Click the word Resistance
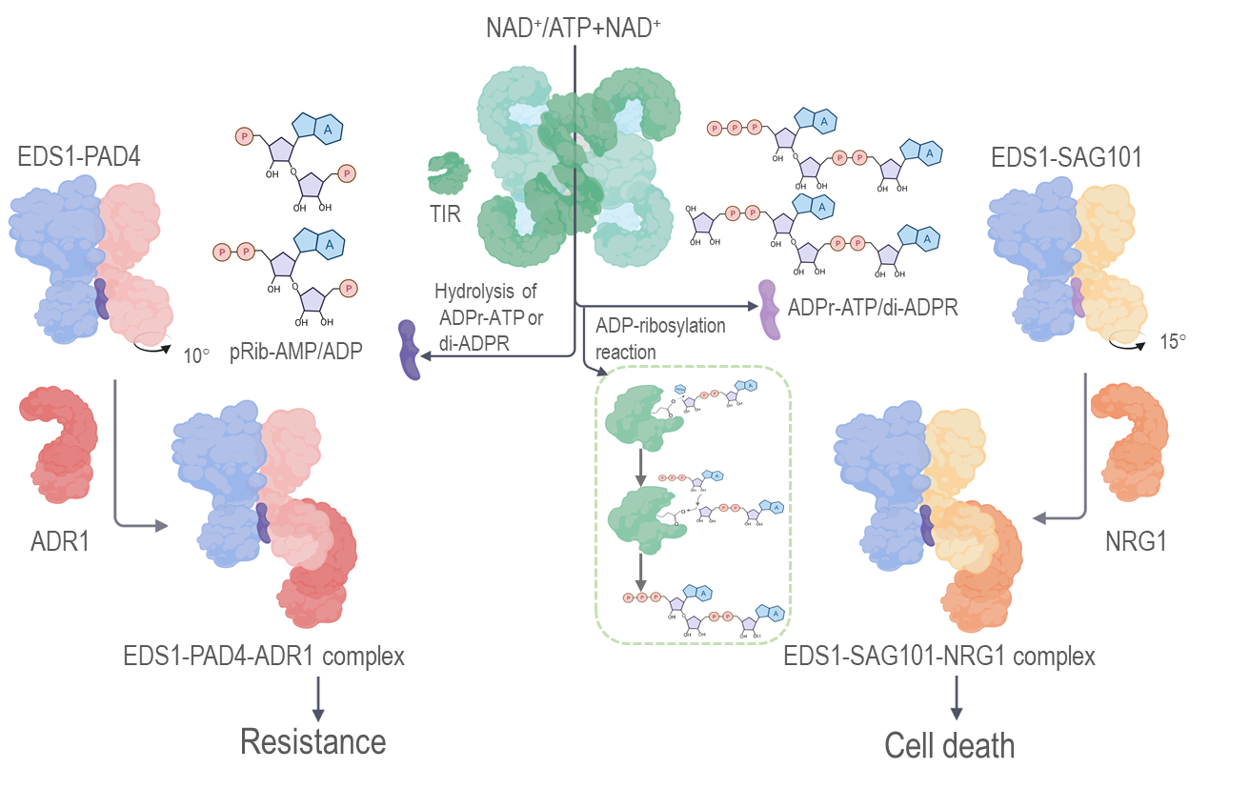click(313, 741)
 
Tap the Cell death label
click(950, 745)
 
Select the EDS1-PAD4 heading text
click(78, 155)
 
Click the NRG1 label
click(1135, 542)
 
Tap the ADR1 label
click(59, 542)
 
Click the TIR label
click(443, 213)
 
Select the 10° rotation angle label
click(195, 355)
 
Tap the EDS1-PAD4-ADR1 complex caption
click(264, 656)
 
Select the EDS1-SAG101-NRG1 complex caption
click(939, 656)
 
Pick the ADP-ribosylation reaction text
click(660, 338)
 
